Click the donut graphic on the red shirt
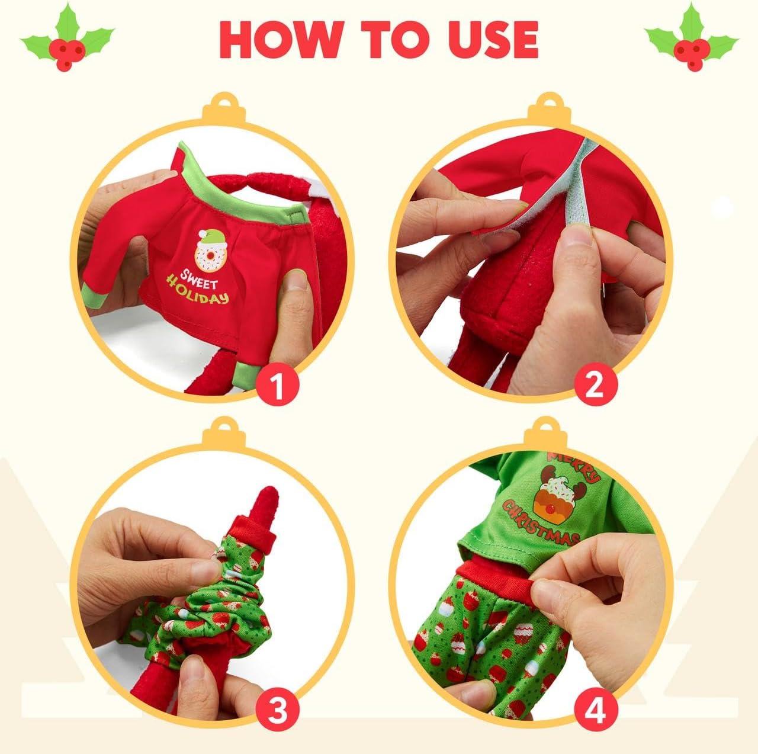coord(208,249)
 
